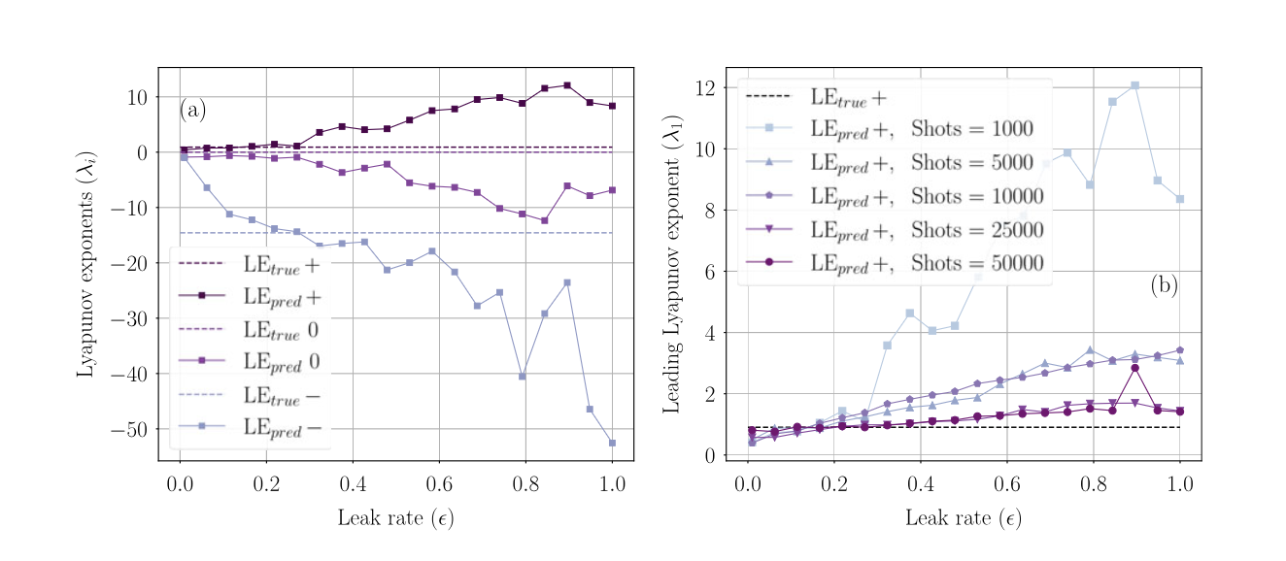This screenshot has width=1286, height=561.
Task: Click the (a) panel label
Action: point(192,111)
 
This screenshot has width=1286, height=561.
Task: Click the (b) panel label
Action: point(1164,285)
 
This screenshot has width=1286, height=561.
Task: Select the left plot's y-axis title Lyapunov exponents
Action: point(86,264)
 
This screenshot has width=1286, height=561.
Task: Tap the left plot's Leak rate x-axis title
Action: point(395,518)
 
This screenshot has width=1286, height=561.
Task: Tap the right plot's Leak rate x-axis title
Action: point(963,518)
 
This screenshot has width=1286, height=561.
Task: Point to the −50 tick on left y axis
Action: point(127,430)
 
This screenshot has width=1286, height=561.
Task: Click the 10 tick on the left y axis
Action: point(136,97)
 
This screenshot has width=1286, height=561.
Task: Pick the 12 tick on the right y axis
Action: point(704,88)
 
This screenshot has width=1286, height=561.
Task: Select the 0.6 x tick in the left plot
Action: point(439,483)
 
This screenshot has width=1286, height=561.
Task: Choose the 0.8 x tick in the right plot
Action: point(1093,483)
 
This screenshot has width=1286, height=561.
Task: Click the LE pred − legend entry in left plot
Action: point(282,427)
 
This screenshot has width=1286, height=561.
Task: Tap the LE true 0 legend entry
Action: point(280,330)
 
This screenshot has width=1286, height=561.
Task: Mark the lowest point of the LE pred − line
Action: point(612,444)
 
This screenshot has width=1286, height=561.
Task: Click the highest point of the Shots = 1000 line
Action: point(1134,85)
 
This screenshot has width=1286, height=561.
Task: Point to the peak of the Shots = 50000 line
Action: point(1134,368)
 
